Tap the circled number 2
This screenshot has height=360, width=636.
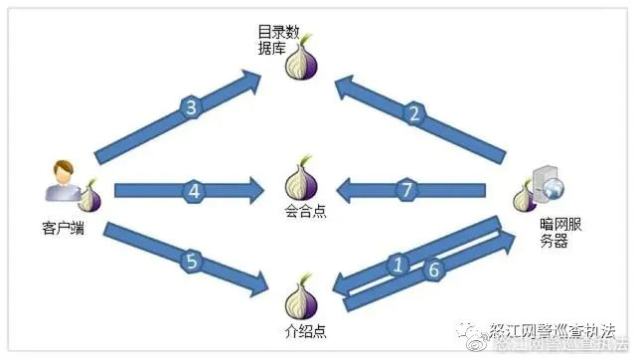[x=413, y=113]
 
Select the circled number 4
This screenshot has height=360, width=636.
[x=195, y=188]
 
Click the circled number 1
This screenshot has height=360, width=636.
[x=398, y=265]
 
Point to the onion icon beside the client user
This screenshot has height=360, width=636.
[x=89, y=196]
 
